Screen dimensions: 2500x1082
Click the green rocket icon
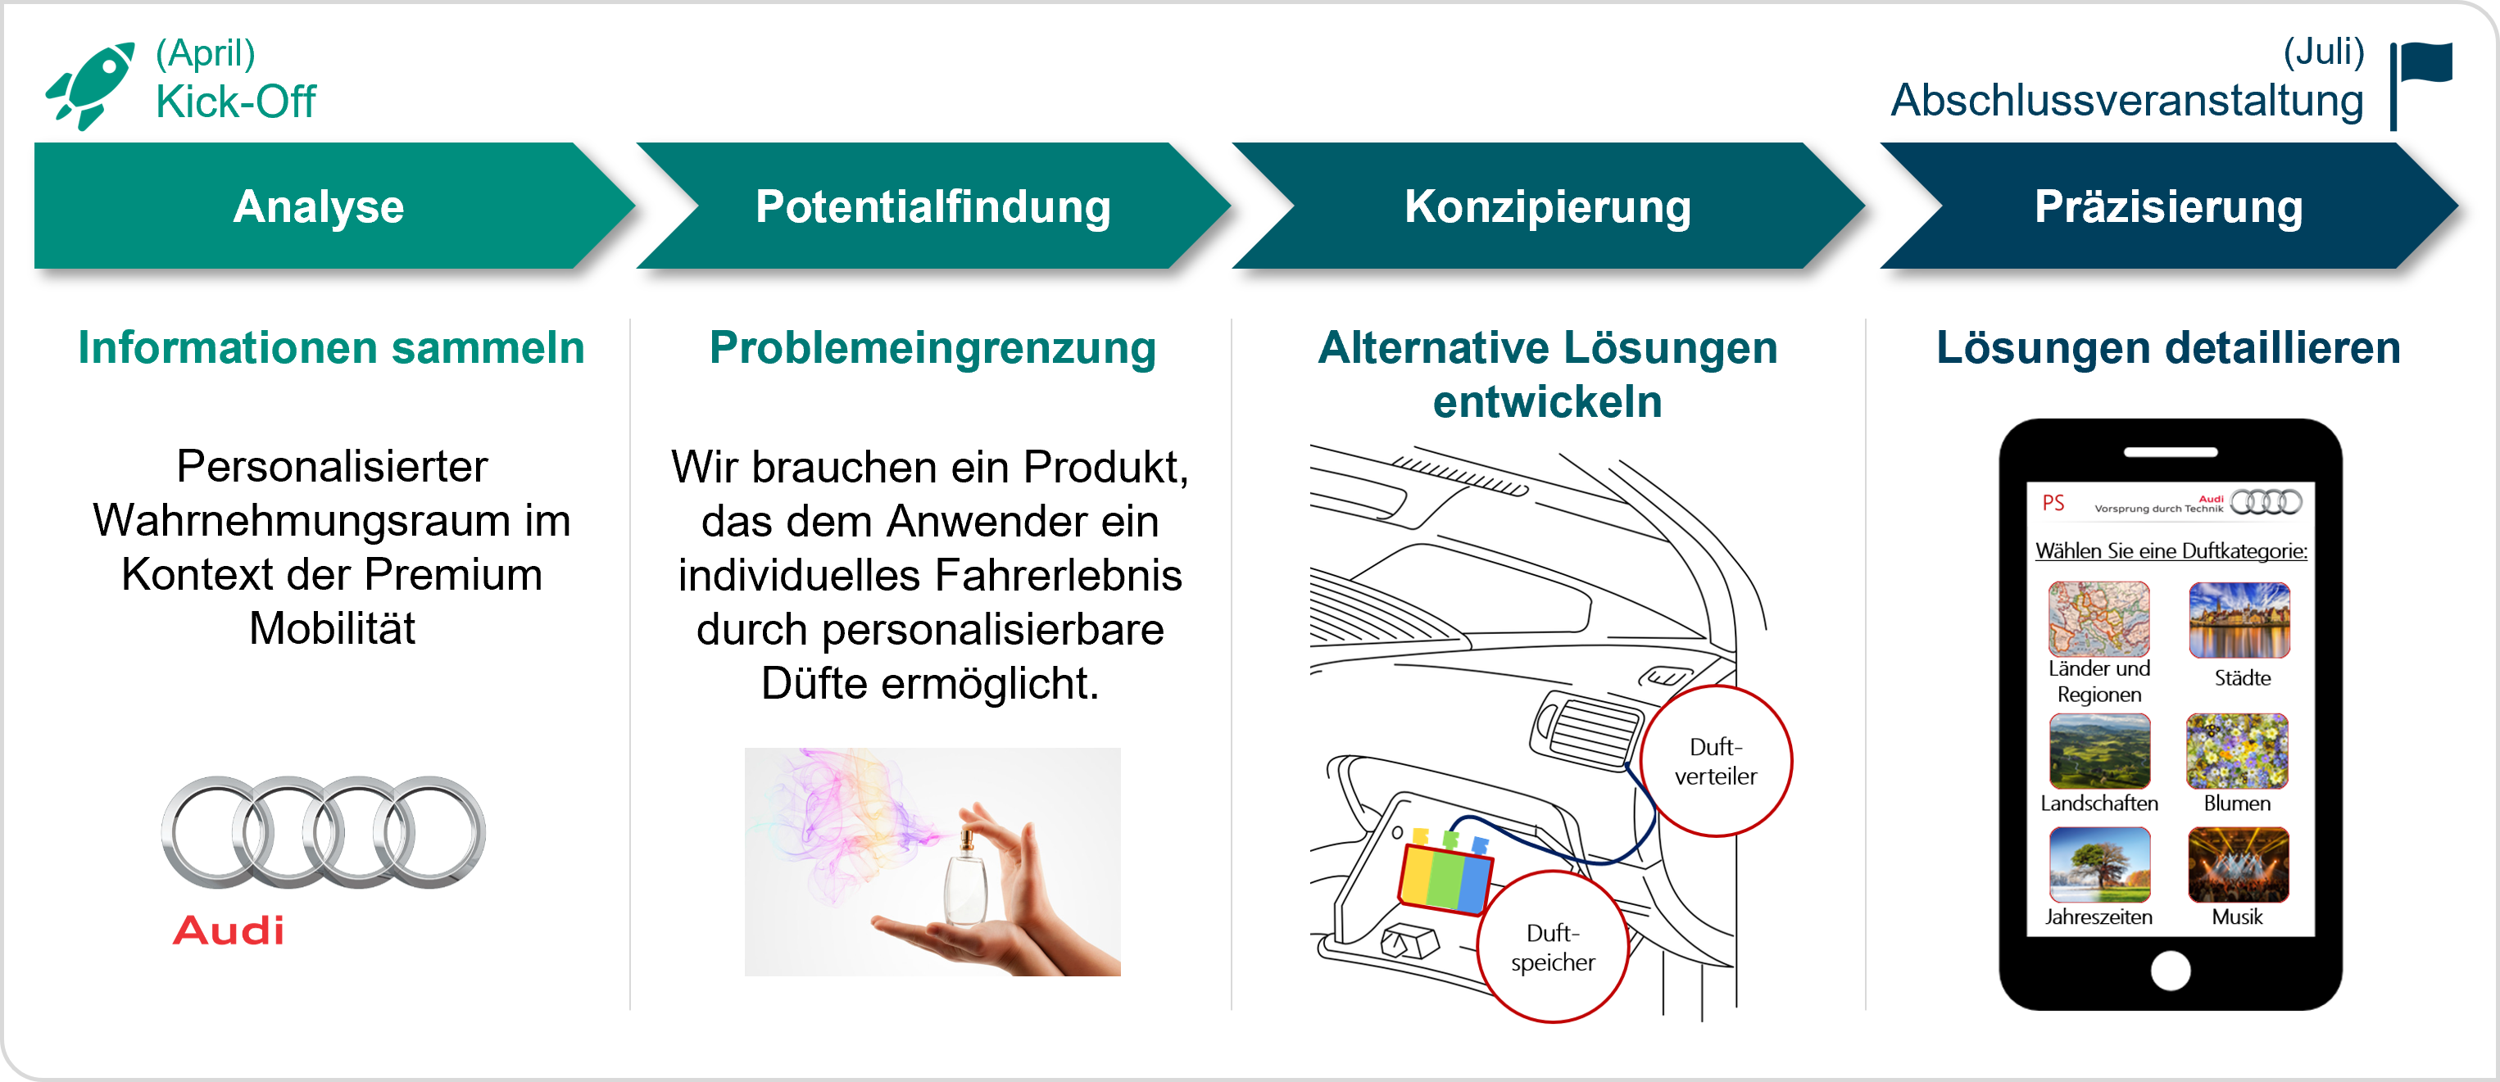coord(90,85)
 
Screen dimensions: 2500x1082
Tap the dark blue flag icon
coord(2421,85)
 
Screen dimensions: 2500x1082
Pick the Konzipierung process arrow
coord(1549,206)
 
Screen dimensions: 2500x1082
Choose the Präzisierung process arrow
coord(2169,206)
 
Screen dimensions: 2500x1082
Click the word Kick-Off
coord(236,102)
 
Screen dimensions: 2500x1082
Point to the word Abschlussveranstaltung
coord(2127,101)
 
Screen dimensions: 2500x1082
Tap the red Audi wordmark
coord(229,930)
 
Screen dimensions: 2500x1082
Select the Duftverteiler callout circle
coord(1716,762)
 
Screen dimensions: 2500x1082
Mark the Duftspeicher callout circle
coord(1553,947)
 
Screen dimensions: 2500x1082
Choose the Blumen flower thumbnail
coord(2237,751)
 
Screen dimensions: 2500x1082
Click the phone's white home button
coord(2170,971)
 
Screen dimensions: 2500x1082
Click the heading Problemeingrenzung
coord(932,347)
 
